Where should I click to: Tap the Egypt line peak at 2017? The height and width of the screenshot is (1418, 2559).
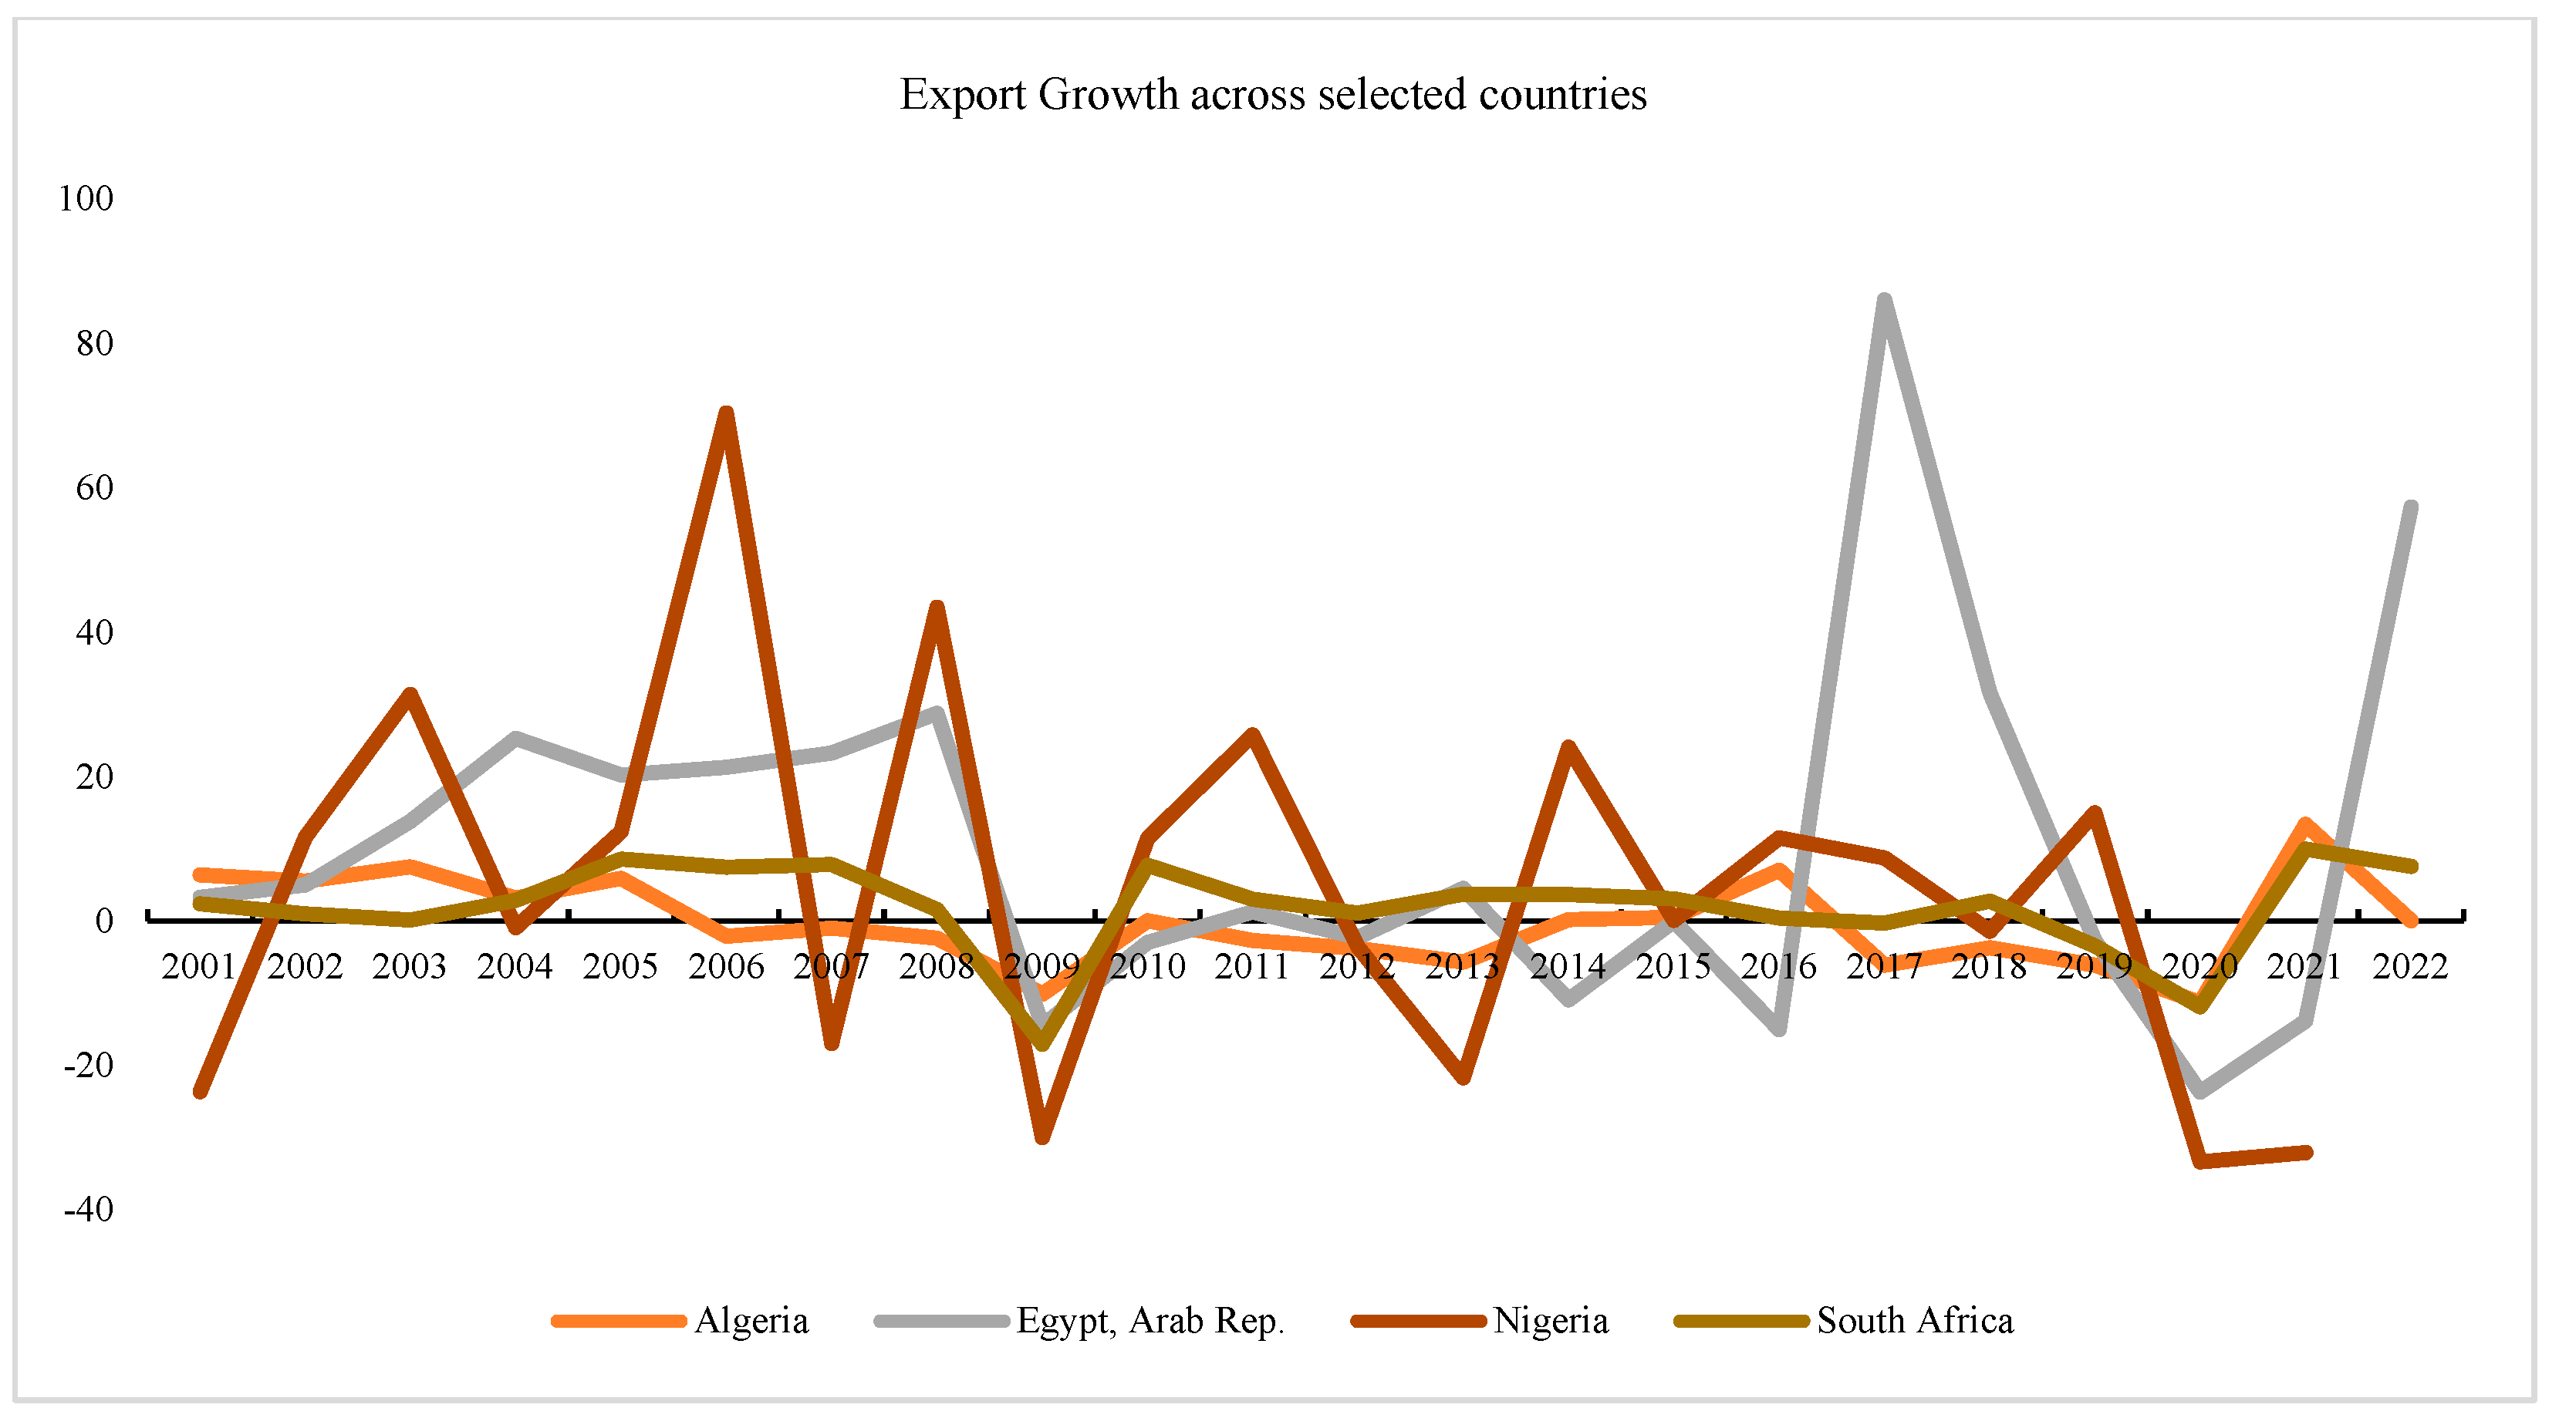pos(1883,300)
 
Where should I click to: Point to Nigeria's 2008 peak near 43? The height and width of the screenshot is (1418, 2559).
pos(936,607)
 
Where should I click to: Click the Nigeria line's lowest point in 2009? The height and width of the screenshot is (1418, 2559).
pos(1042,1138)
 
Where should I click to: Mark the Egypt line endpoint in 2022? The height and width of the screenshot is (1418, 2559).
pos(2411,507)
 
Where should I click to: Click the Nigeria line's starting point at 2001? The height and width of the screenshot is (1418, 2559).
pos(200,1093)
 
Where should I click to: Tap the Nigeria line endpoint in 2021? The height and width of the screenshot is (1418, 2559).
pos(2307,1153)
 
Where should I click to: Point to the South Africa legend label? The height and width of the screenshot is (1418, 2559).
pos(1914,1321)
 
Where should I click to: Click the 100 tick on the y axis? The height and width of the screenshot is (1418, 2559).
pos(86,199)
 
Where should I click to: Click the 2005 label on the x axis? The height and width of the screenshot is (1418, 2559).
pos(619,966)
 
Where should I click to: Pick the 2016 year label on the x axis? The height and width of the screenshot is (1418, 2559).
pos(1778,966)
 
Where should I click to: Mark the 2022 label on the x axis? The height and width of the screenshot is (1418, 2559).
pos(2410,966)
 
